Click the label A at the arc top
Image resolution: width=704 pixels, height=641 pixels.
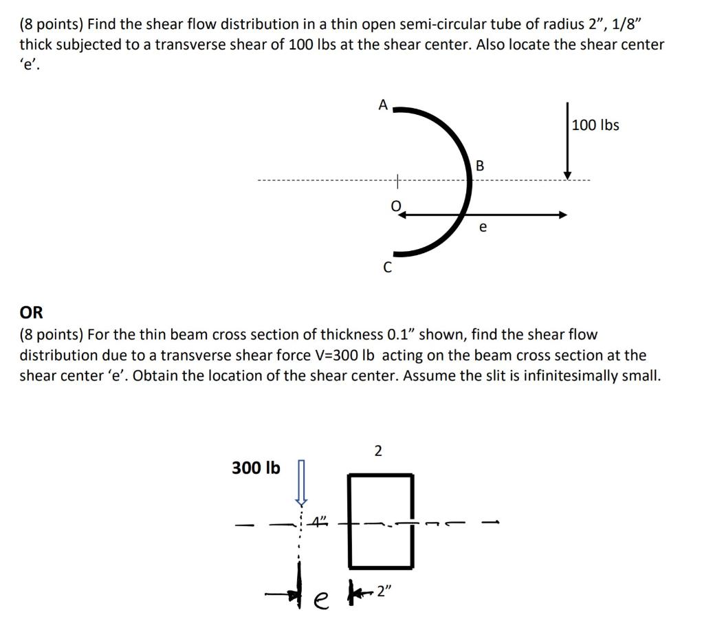click(x=383, y=105)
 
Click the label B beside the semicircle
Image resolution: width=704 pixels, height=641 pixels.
click(x=480, y=166)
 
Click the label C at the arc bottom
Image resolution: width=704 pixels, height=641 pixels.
click(x=387, y=268)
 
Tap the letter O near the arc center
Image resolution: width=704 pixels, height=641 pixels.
click(x=395, y=204)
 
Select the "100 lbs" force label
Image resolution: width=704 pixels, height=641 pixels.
click(x=595, y=125)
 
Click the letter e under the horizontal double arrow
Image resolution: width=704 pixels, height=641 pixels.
click(x=483, y=226)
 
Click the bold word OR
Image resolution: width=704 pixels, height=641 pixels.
click(x=31, y=313)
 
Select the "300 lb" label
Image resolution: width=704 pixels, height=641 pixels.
click(x=256, y=468)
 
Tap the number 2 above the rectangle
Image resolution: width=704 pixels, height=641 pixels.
click(x=378, y=451)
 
